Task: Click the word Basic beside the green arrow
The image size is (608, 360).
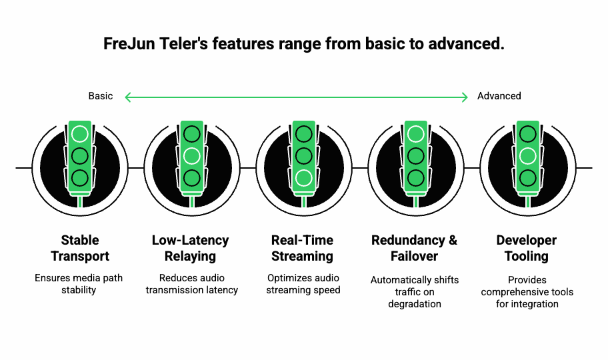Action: tap(101, 96)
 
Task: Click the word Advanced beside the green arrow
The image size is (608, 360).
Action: tap(499, 96)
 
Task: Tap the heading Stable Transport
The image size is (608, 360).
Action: tap(80, 248)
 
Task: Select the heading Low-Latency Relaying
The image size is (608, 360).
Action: tap(191, 248)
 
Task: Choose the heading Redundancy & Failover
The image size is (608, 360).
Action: tap(414, 248)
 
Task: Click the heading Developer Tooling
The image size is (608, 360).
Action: tap(527, 248)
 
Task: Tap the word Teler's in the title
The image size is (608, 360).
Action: tap(186, 44)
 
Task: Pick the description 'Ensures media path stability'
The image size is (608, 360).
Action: tap(79, 284)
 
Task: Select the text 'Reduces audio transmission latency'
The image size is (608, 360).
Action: tap(191, 284)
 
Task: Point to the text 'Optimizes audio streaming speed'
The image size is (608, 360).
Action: tap(303, 284)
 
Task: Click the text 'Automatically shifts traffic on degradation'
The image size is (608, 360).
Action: tap(415, 291)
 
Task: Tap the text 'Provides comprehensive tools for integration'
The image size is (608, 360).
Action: tap(527, 291)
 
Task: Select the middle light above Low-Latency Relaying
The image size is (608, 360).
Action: tap(192, 156)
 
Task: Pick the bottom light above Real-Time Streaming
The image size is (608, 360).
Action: tap(304, 178)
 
